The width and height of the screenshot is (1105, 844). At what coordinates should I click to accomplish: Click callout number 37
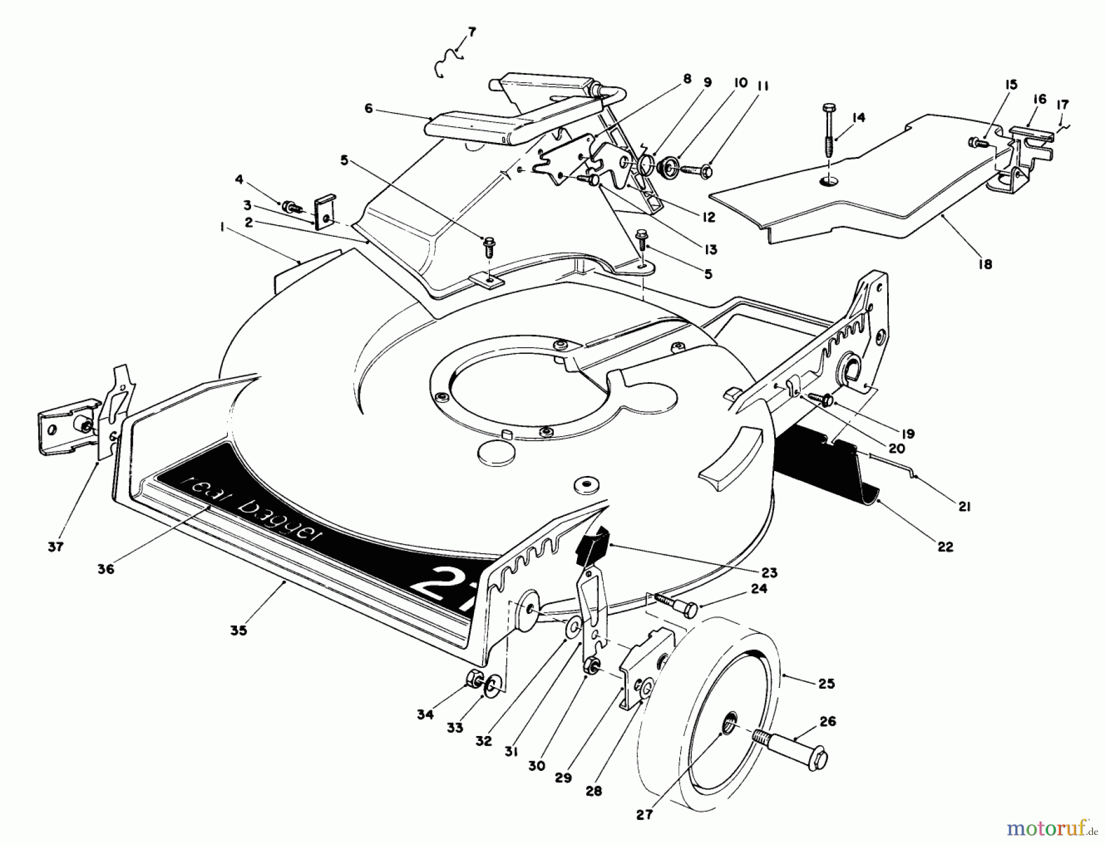tap(55, 547)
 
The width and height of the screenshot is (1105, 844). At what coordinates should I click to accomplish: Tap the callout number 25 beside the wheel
tap(827, 683)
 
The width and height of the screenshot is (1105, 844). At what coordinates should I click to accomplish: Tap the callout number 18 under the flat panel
tap(985, 264)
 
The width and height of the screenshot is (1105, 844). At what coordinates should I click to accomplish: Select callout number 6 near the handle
tap(368, 109)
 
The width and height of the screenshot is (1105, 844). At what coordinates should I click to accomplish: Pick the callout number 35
tap(239, 630)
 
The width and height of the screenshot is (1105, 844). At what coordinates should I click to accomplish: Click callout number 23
tap(769, 573)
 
